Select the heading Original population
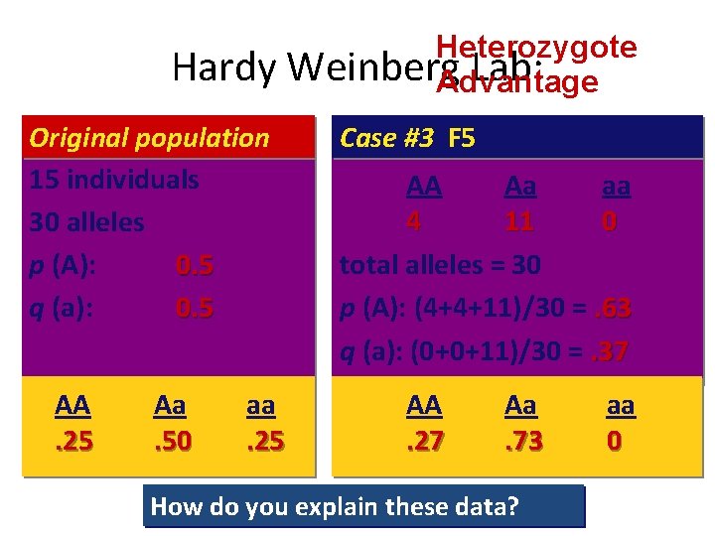(x=149, y=138)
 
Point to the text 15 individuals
(x=114, y=181)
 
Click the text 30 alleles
(x=87, y=222)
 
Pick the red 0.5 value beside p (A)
(x=195, y=265)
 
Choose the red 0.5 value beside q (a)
(x=195, y=308)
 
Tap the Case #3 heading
(x=386, y=138)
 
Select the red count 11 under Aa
(x=518, y=222)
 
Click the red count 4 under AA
(x=413, y=222)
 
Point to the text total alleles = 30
(x=440, y=265)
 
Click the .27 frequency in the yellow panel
(x=424, y=439)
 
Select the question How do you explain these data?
(x=335, y=507)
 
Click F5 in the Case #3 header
(x=462, y=138)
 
